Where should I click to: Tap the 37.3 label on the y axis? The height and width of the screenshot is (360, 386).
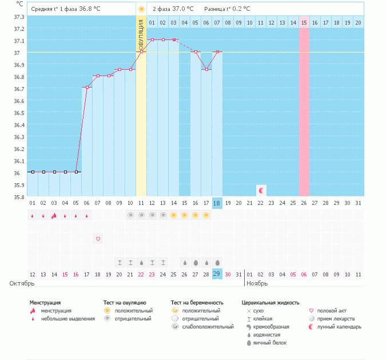pos(19,17)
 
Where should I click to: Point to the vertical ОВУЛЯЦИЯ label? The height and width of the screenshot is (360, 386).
pos(141,34)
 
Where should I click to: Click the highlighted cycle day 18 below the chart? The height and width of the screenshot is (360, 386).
pos(217,203)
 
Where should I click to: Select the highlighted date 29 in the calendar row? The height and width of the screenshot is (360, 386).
pos(217,274)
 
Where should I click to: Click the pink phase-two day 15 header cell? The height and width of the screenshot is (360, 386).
pos(304,22)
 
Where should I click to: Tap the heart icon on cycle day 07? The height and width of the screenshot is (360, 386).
pos(98,239)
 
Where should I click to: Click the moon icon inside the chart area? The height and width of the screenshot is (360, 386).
pos(261,190)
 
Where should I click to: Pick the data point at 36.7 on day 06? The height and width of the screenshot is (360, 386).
pos(87,87)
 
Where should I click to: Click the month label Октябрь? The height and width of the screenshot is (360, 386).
pos(22,283)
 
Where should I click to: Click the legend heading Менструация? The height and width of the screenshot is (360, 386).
pos(45,302)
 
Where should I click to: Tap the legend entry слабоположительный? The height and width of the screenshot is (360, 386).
pos(208,327)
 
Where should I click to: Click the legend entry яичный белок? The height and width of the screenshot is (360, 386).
pos(270,343)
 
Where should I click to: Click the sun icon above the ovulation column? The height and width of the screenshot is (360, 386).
pos(141,9)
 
